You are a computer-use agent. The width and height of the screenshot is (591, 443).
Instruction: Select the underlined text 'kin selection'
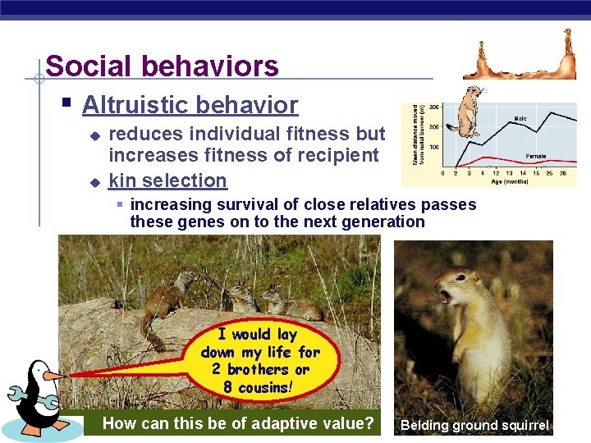(x=167, y=180)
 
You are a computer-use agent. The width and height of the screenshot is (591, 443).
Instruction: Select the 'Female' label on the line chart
(x=536, y=155)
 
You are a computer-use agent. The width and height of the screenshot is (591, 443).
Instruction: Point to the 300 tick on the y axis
(x=433, y=107)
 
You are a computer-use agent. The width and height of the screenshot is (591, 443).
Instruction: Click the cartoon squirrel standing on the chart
(x=469, y=111)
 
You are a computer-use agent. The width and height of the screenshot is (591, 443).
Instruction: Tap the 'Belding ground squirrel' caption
(x=474, y=426)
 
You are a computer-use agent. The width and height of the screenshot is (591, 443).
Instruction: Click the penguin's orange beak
(x=54, y=376)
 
